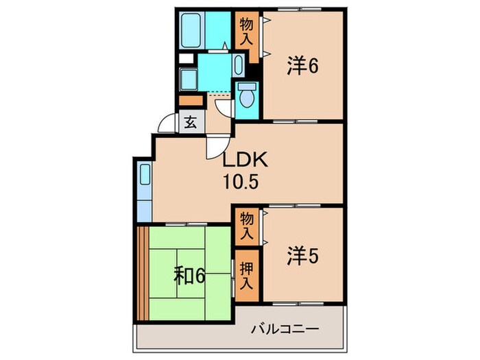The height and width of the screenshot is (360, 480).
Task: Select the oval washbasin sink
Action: tap(239, 66)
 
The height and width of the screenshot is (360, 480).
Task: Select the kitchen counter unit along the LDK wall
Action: tap(143, 189)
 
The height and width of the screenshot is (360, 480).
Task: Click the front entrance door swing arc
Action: tap(166, 123)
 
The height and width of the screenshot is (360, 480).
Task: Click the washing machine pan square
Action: tap(189, 77)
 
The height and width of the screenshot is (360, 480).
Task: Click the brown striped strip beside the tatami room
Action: tap(143, 273)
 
